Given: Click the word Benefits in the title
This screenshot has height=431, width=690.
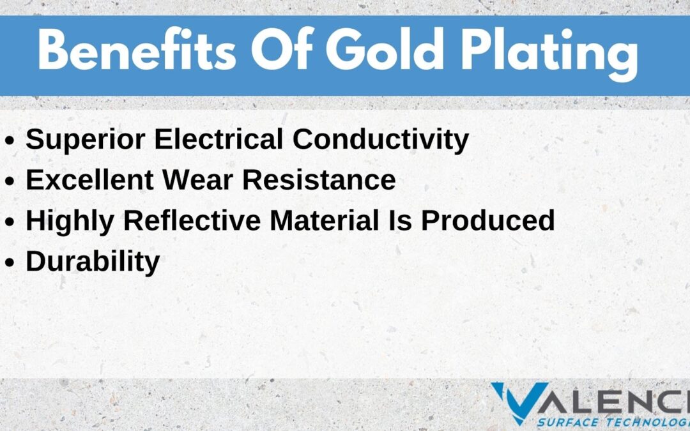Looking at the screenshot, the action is pyautogui.click(x=137, y=49).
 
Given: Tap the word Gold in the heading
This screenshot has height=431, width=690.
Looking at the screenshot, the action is pyautogui.click(x=385, y=49).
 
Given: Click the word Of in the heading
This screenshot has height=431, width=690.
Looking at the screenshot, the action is pyautogui.click(x=282, y=49).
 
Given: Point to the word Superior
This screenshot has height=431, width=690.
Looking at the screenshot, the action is pyautogui.click(x=86, y=140).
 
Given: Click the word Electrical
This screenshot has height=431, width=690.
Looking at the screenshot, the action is pyautogui.click(x=218, y=139).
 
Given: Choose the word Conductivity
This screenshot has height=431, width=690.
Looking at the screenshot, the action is pyautogui.click(x=381, y=140).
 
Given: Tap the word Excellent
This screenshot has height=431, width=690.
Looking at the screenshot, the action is pyautogui.click(x=90, y=180).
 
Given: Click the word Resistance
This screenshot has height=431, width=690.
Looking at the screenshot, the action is pyautogui.click(x=319, y=180).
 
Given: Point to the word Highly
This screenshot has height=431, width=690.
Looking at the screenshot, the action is pyautogui.click(x=70, y=221).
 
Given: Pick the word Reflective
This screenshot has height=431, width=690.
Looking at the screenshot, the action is pyautogui.click(x=192, y=220).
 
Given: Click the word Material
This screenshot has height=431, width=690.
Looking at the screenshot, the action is pyautogui.click(x=325, y=220).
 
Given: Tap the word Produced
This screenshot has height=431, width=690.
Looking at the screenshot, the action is pyautogui.click(x=488, y=220).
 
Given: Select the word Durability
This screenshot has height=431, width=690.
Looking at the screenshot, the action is pyautogui.click(x=93, y=262).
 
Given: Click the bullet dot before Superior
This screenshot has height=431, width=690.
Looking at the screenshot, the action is pyautogui.click(x=10, y=140).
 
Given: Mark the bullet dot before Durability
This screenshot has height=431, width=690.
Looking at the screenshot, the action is pyautogui.click(x=10, y=262).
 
